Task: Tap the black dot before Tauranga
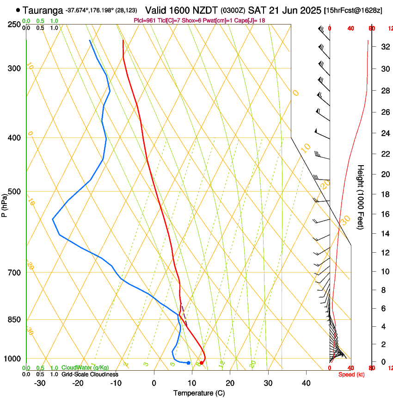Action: coord(18,10)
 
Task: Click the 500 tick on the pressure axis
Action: coord(14,192)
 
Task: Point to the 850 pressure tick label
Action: coord(14,320)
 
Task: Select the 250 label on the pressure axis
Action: coord(14,25)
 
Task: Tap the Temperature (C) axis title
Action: coord(199,393)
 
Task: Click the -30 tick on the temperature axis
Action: coord(40,383)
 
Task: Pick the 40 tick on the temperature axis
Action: coord(306,383)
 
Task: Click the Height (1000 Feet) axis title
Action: coord(361,197)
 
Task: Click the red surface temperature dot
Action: coord(201,363)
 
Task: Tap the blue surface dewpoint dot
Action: coord(188,363)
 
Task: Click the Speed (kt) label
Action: coord(351,374)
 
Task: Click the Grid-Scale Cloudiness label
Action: coord(90,374)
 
